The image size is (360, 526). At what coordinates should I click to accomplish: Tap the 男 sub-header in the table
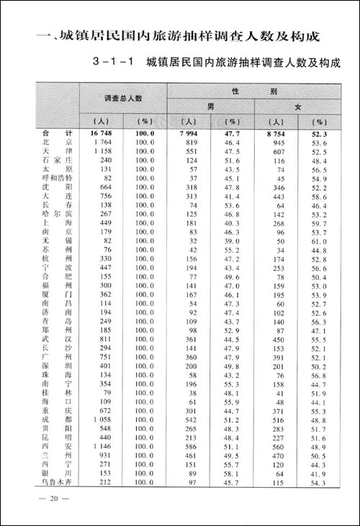click(x=211, y=106)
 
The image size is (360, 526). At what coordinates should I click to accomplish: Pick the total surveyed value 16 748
click(x=103, y=134)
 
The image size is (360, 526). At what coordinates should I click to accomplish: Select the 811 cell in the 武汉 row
click(x=107, y=337)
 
